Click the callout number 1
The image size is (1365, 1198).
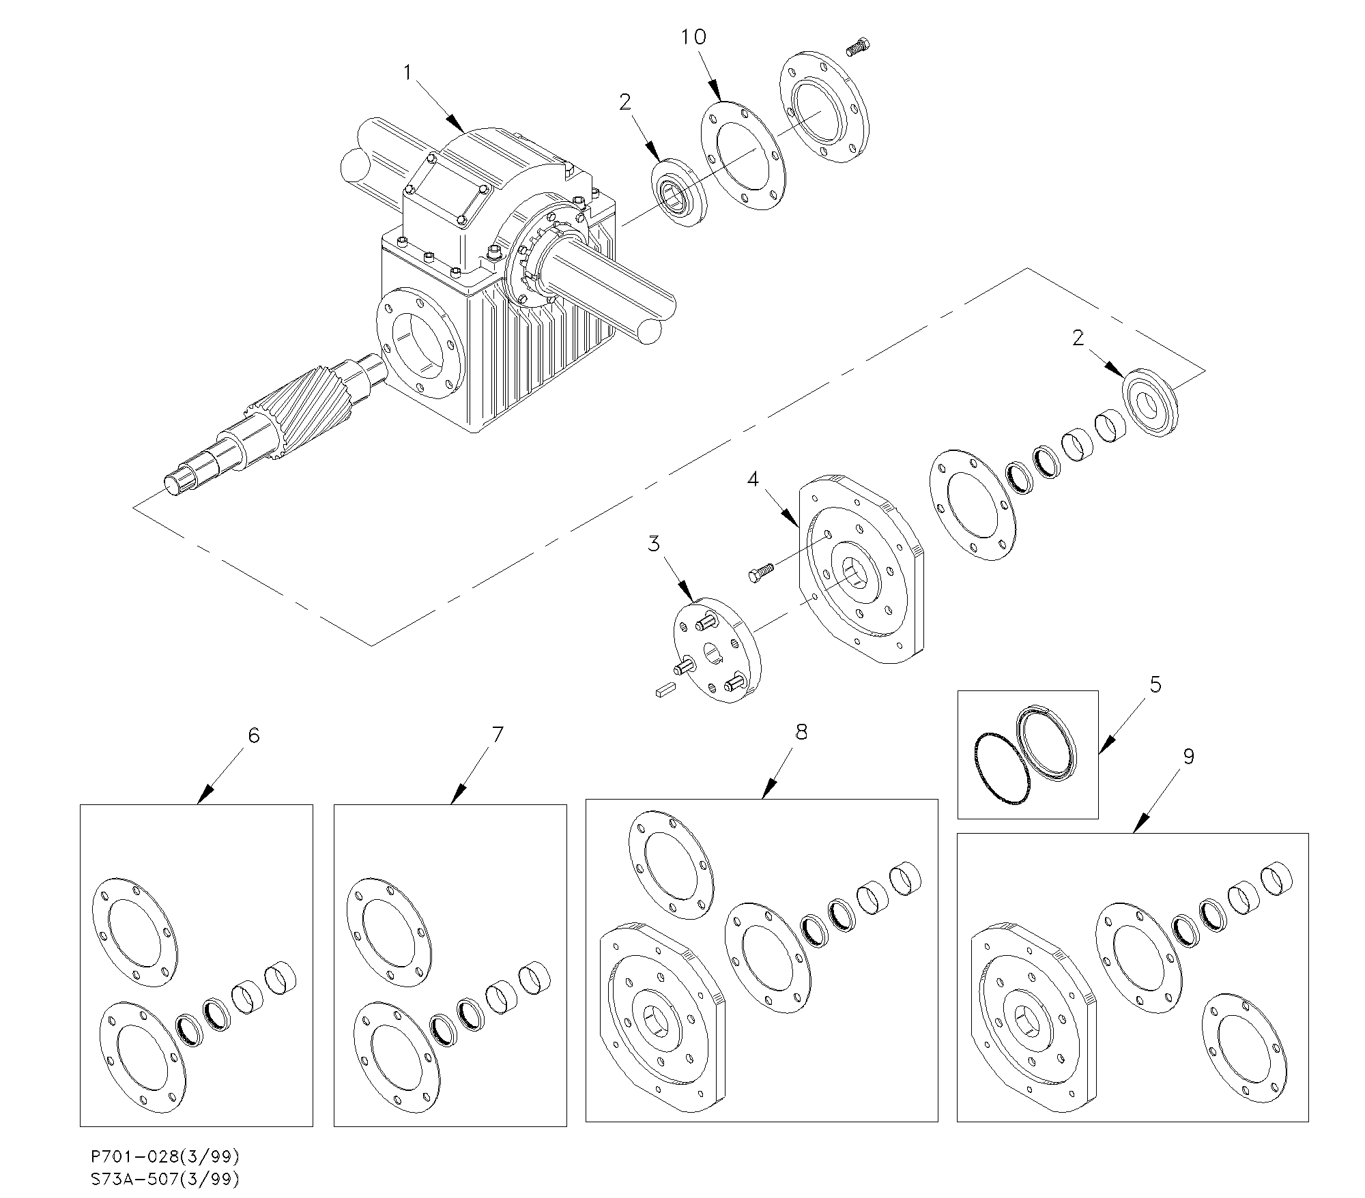pyautogui.click(x=408, y=72)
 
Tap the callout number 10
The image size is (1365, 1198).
pyautogui.click(x=693, y=37)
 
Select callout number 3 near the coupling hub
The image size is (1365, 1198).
pyautogui.click(x=654, y=544)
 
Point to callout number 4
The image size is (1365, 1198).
pyautogui.click(x=753, y=480)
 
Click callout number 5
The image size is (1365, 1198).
pyautogui.click(x=1155, y=684)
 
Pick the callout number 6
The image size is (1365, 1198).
pyautogui.click(x=254, y=735)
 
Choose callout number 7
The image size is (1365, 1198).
pyautogui.click(x=498, y=735)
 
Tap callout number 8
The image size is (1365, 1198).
pyautogui.click(x=801, y=732)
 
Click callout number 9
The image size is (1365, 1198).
pyautogui.click(x=1189, y=757)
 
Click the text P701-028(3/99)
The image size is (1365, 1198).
pyautogui.click(x=166, y=1156)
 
